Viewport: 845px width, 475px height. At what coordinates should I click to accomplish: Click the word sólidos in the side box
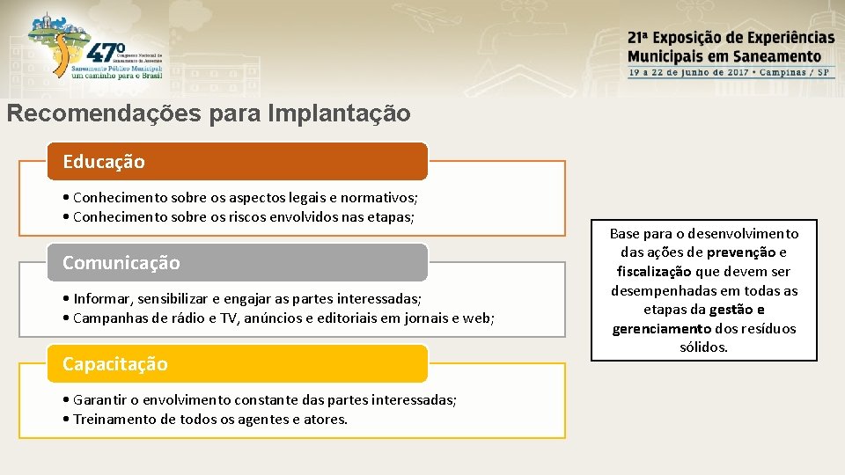tap(704, 347)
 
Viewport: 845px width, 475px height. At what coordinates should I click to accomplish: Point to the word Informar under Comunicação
tap(103, 299)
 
